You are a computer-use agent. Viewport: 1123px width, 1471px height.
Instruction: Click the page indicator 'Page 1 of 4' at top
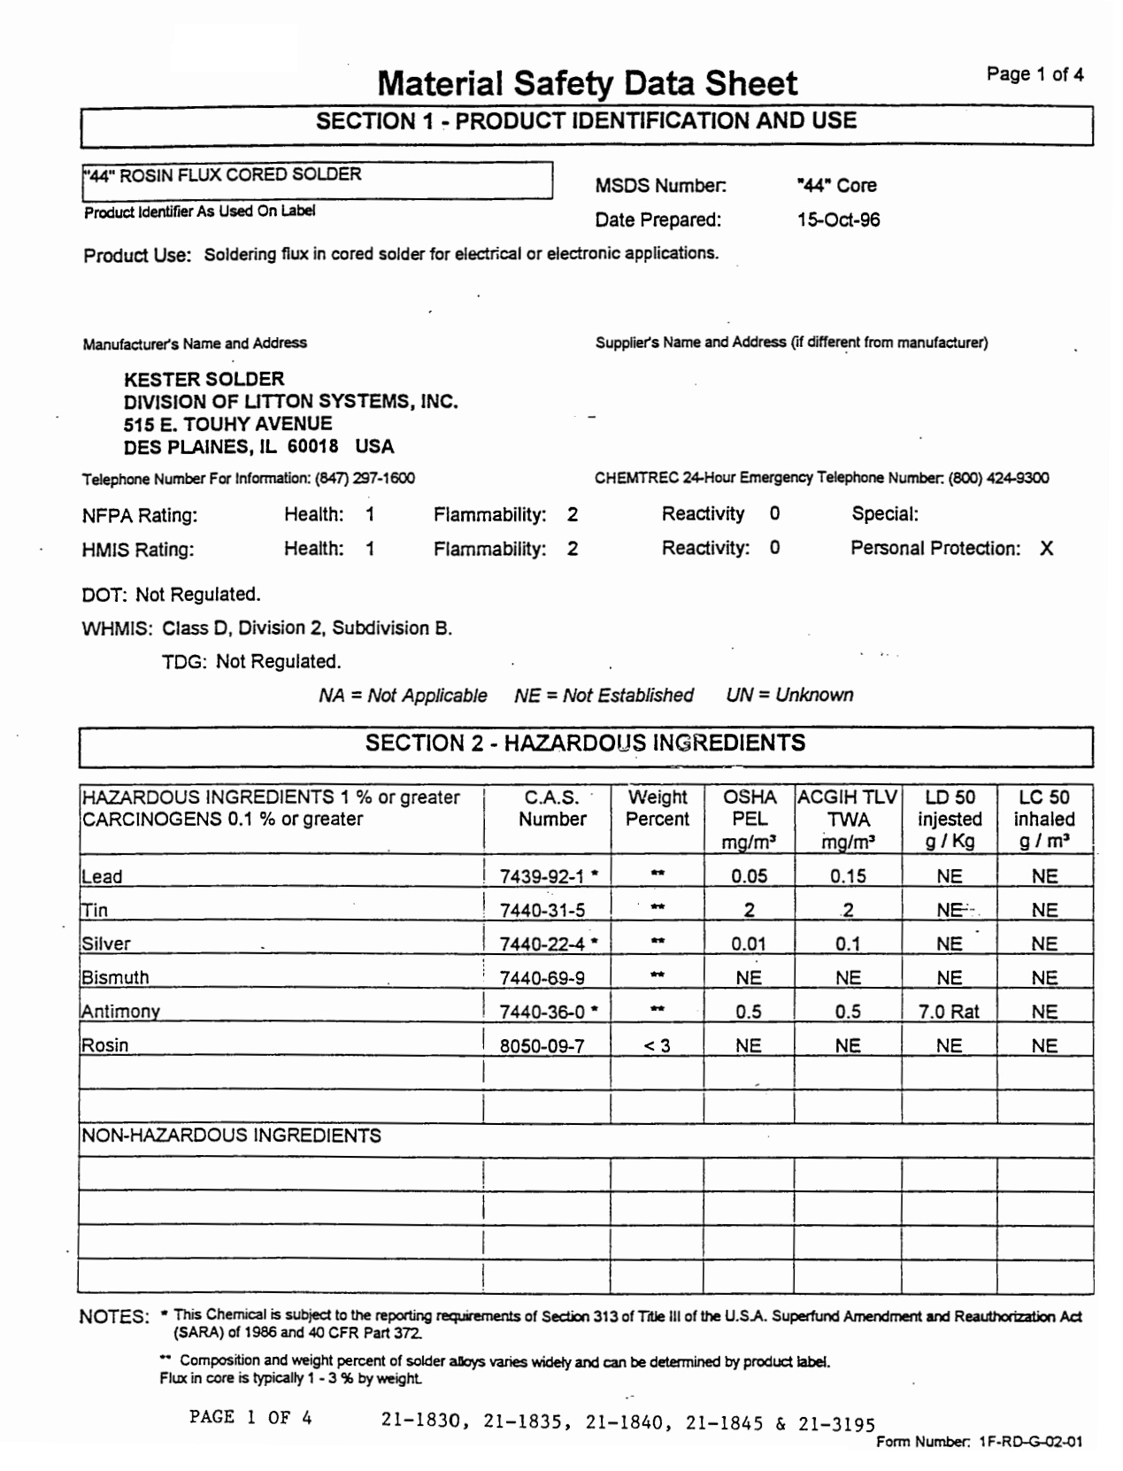[1035, 74]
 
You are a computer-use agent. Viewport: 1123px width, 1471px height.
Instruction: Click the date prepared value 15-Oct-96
[838, 219]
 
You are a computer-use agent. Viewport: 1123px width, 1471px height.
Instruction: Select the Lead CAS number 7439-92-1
[542, 876]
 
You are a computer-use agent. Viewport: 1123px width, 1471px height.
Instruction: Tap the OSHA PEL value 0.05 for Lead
[749, 876]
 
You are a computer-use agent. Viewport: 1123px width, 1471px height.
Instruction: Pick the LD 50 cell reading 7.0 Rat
[949, 1012]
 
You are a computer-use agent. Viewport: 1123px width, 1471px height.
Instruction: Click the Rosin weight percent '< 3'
[657, 1045]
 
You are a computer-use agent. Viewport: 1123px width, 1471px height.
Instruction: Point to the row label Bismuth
[115, 978]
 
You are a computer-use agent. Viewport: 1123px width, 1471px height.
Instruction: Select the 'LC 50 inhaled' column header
[1043, 819]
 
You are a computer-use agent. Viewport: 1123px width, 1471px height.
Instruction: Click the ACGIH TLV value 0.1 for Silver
[847, 944]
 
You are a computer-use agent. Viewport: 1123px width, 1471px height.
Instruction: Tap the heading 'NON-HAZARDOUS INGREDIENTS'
[232, 1136]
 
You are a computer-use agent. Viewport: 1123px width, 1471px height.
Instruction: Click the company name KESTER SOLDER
[204, 379]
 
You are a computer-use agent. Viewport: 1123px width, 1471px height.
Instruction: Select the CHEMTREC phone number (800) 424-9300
[998, 478]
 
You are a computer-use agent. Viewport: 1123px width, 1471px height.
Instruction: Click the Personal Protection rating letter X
[1046, 549]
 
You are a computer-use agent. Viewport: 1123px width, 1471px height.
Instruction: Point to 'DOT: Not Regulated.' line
[171, 594]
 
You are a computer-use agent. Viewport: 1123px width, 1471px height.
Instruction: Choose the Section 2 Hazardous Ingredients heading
[585, 743]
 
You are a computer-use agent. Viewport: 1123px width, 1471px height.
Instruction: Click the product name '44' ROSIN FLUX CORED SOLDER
[223, 174]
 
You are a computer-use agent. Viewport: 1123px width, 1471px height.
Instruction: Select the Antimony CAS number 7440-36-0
[542, 1012]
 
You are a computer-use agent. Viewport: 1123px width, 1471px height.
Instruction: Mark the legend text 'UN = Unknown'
[789, 695]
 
